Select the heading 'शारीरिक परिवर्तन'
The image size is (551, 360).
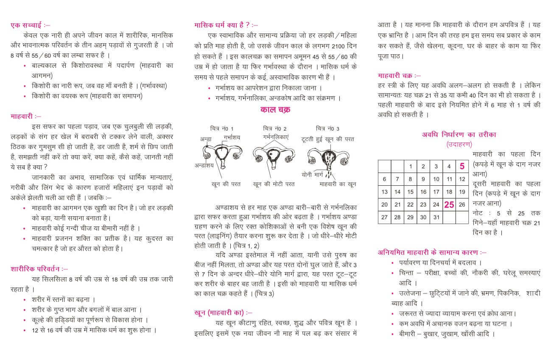[39, 268]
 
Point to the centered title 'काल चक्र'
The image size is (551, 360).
[275, 110]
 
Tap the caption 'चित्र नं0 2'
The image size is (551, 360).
[274, 128]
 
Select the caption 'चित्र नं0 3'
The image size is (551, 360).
[327, 128]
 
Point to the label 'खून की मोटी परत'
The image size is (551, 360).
[274, 184]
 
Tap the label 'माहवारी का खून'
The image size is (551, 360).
[338, 184]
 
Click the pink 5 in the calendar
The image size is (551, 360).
[462, 166]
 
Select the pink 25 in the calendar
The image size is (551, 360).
[449, 204]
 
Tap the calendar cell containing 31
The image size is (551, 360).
[436, 217]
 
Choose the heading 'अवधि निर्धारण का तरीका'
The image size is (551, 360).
[459, 134]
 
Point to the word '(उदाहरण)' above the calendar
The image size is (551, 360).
[459, 144]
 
